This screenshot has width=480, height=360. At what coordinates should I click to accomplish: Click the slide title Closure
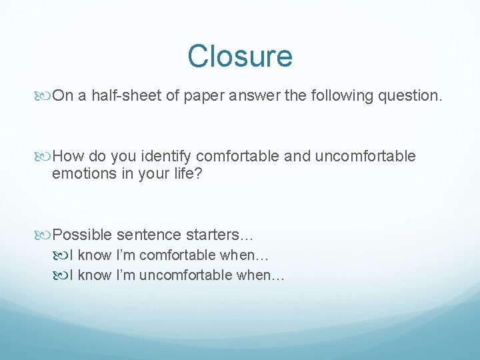coord(239,56)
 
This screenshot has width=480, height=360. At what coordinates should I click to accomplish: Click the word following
coord(342,96)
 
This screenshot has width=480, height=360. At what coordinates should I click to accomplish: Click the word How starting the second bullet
coord(66,157)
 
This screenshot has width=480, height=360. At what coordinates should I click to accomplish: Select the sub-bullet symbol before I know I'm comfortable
coord(62,255)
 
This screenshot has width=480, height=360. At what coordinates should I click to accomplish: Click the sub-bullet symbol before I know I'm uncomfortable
coord(62,275)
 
